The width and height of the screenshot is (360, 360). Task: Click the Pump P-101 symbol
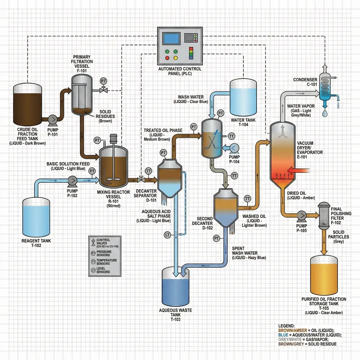(x=52, y=119)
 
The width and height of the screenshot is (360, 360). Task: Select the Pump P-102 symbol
(x=71, y=181)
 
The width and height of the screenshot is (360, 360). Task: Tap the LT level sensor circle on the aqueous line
(x=167, y=234)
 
